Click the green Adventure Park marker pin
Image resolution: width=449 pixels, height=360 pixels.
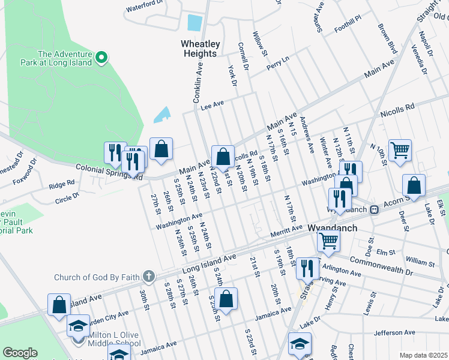click(101, 58)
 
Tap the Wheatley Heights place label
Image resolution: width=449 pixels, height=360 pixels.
click(200, 49)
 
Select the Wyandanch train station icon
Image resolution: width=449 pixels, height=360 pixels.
click(374, 209)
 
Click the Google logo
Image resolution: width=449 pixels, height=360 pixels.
click(20, 353)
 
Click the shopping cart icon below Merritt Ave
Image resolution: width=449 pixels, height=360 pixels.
click(328, 240)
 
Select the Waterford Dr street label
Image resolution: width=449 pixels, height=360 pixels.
click(145, 7)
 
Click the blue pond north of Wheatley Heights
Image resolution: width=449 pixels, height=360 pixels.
click(194, 23)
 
